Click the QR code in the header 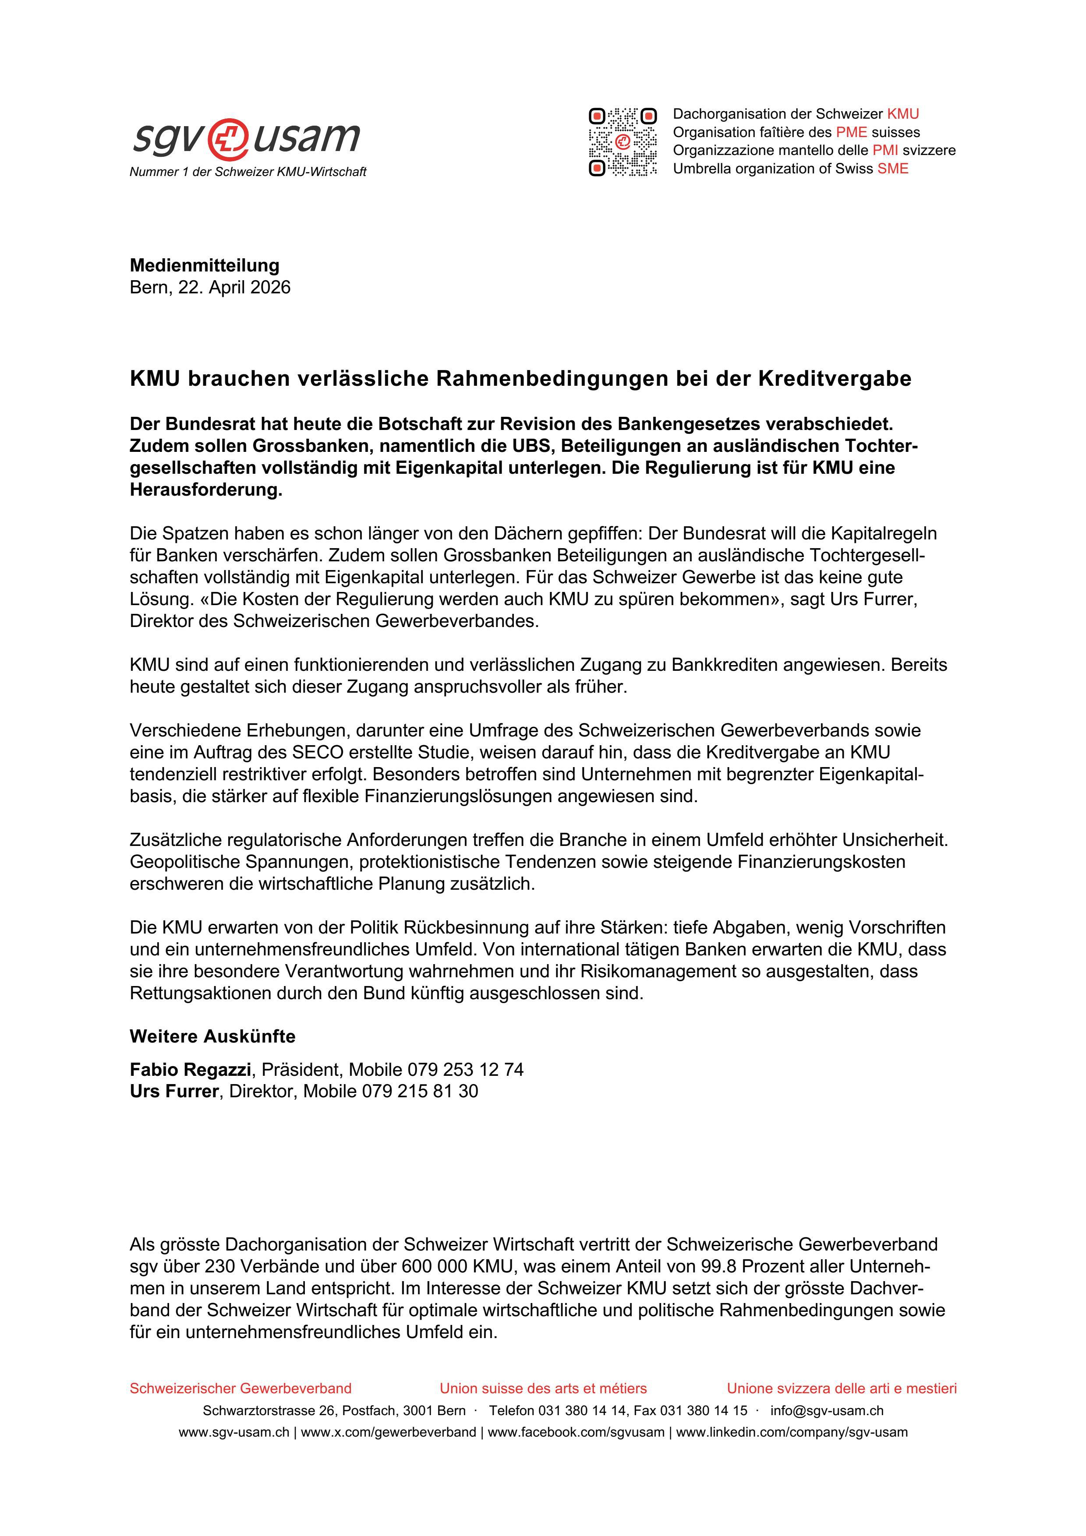(x=622, y=142)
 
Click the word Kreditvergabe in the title (x=835, y=379)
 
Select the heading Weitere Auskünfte (x=212, y=1036)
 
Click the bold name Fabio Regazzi (x=190, y=1069)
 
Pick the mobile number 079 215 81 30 (x=420, y=1091)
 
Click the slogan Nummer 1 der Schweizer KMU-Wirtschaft (x=248, y=172)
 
